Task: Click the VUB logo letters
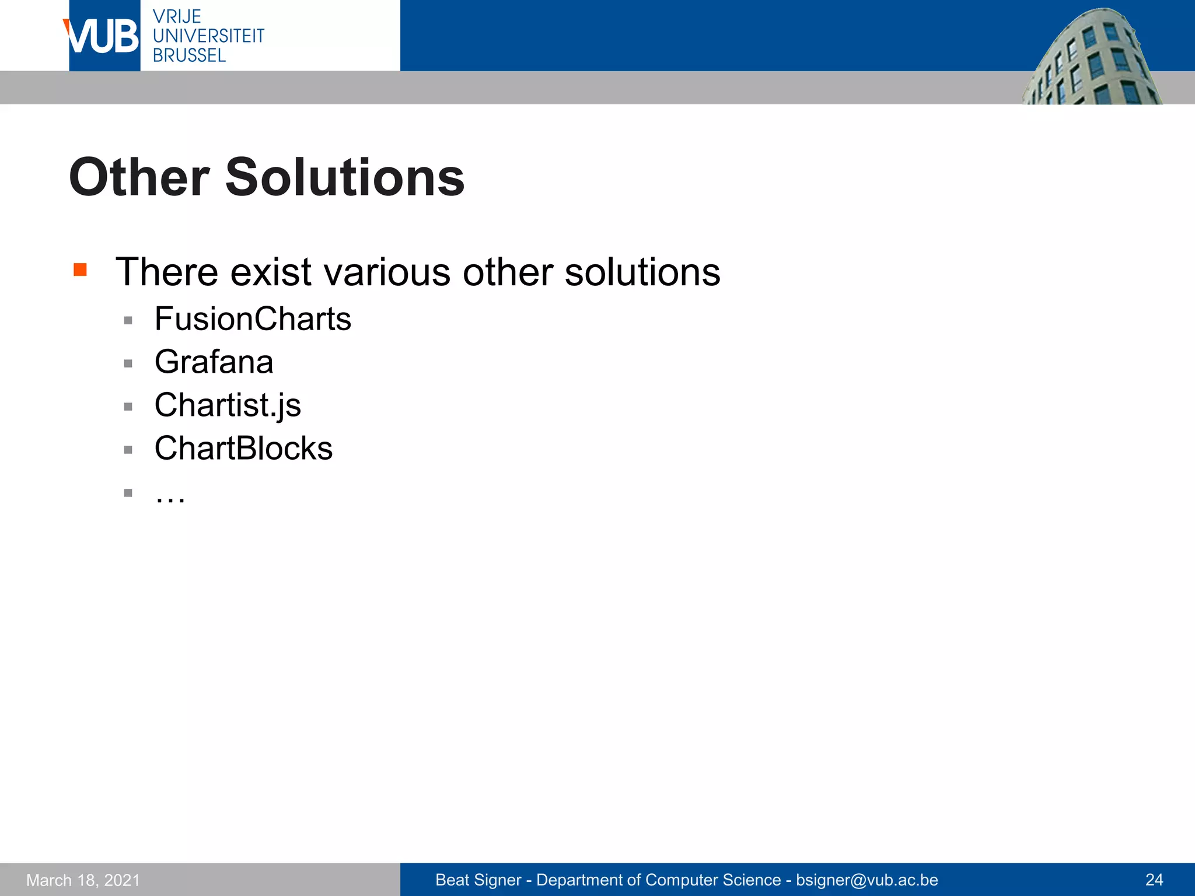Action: pos(103,36)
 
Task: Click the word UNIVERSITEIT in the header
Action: pos(208,36)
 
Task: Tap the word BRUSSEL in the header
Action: pos(189,55)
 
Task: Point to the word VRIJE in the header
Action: pos(177,16)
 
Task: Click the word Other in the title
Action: pos(139,177)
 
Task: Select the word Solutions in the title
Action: pos(345,177)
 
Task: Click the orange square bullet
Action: pos(81,269)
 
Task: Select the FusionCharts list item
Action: pos(253,319)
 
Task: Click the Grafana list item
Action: pos(214,362)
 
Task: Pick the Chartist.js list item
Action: pos(228,405)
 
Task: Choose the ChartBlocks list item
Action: pos(243,449)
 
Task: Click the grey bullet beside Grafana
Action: pos(128,363)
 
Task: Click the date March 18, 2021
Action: pos(83,880)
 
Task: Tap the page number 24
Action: pos(1154,880)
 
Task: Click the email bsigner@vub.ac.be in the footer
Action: pos(866,880)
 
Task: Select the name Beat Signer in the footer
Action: pos(478,880)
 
